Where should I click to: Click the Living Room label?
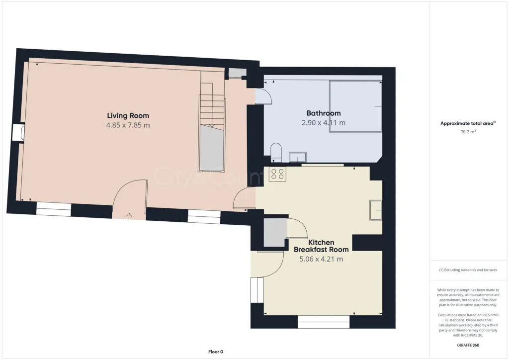coord(128,116)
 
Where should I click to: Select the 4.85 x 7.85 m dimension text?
coord(128,125)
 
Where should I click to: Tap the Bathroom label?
coord(324,113)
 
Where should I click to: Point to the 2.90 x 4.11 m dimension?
coord(324,123)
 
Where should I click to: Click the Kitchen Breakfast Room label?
coord(321,246)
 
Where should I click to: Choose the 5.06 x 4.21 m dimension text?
coord(321,259)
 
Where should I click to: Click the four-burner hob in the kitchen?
coord(277,174)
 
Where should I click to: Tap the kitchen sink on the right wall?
coord(375,209)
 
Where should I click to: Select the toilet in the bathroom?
coord(276,151)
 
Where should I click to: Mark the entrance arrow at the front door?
coord(129,216)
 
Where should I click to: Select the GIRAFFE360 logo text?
coord(469,345)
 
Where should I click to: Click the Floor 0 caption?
coord(215,352)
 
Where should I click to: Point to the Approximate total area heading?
coord(468,123)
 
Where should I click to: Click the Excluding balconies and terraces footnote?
coord(468,270)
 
